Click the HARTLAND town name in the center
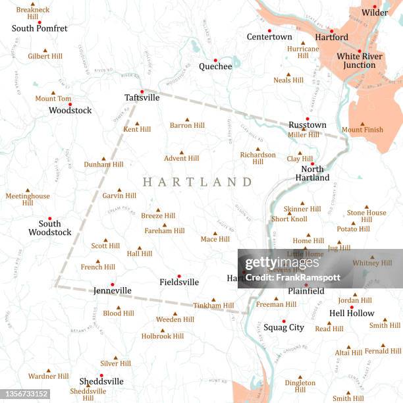click(198, 182)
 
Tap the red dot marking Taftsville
click(142, 92)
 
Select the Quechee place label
click(215, 66)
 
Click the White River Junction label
click(356, 61)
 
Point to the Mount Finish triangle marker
click(362, 124)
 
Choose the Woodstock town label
click(70, 111)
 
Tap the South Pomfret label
click(40, 28)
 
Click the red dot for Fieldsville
click(179, 276)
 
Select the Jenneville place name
click(112, 290)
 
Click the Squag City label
click(284, 327)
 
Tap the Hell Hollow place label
click(352, 313)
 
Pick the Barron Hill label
click(187, 125)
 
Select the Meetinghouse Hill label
click(28, 199)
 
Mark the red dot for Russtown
click(307, 119)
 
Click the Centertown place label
click(269, 37)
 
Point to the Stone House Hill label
click(367, 216)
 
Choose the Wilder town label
click(375, 13)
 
